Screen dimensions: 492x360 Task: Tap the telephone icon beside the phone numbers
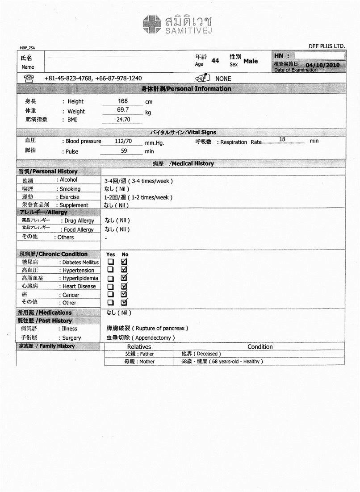[x=28, y=78]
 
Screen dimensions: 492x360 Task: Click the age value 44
[x=215, y=61]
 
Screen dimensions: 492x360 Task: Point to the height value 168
[x=123, y=101]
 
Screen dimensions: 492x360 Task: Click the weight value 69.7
[x=123, y=109]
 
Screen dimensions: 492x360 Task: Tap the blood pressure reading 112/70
[x=123, y=141]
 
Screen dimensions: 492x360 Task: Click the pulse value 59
[x=124, y=151]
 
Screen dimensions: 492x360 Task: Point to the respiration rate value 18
[x=282, y=140]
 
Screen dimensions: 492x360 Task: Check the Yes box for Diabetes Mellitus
[x=110, y=262]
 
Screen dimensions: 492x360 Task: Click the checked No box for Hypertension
[x=125, y=270]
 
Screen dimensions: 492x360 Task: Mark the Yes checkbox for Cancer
[x=110, y=294]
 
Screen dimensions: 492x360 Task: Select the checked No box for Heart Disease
[x=125, y=286]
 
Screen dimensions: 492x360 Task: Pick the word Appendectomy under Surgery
[x=153, y=338]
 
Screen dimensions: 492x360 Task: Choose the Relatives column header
[x=139, y=346]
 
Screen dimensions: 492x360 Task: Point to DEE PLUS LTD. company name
[x=327, y=46]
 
